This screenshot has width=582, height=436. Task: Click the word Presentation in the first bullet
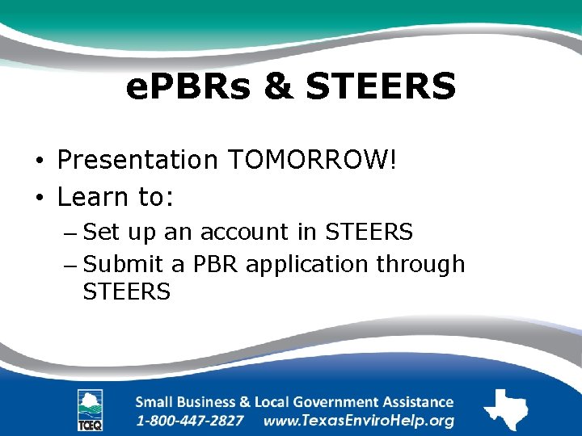coord(138,160)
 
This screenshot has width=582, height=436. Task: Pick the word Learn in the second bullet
coord(91,196)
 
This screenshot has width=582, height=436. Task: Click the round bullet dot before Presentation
coord(40,161)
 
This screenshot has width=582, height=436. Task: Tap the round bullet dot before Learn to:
coord(40,197)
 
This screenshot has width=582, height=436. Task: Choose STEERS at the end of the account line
coord(369,233)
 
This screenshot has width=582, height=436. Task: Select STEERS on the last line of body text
coord(126,291)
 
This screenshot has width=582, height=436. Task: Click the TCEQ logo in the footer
coord(90,410)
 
